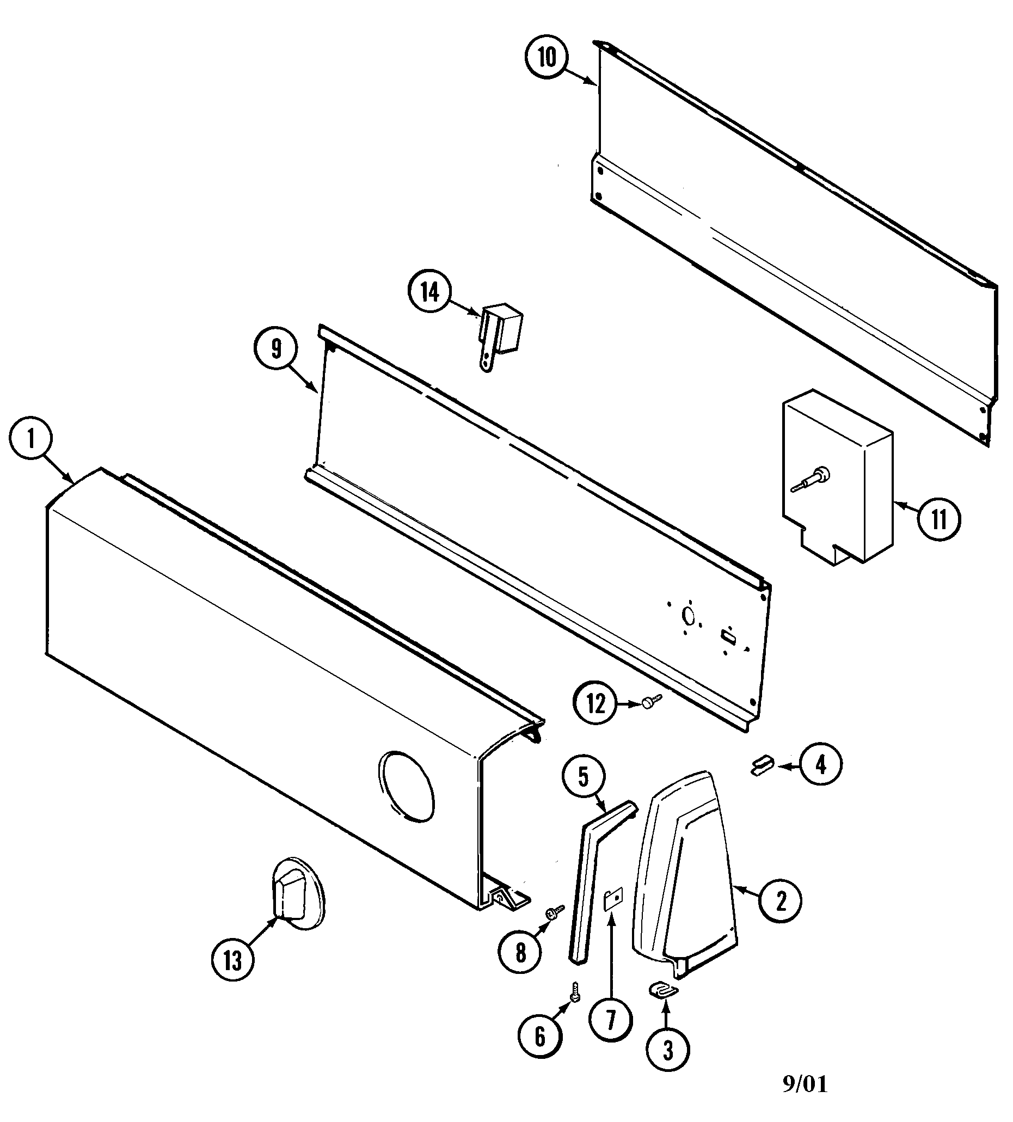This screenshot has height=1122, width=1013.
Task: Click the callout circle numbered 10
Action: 547,57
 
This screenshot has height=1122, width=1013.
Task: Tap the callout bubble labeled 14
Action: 429,293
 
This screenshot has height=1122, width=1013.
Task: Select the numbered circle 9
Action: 276,349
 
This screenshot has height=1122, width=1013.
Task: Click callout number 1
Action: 31,439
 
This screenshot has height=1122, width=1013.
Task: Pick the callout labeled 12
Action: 596,704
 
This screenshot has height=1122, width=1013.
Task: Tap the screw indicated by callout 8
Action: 556,912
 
